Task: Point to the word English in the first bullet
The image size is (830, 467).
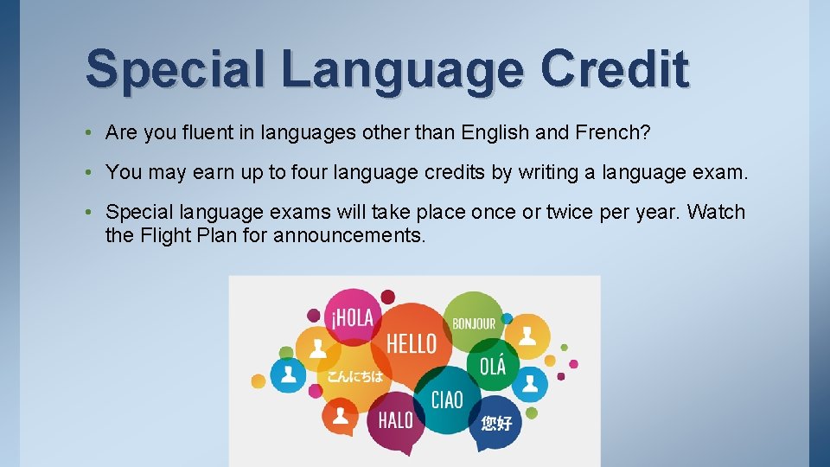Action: click(x=493, y=132)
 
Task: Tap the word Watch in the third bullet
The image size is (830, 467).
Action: click(x=715, y=213)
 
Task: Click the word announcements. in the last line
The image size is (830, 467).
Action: click(x=349, y=234)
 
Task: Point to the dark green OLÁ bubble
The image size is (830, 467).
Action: click(x=493, y=365)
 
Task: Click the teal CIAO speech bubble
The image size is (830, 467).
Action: click(x=447, y=400)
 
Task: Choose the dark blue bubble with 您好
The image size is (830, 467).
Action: click(x=496, y=422)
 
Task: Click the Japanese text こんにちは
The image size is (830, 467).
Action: click(x=354, y=377)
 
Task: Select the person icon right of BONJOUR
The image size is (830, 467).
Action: click(x=527, y=335)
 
